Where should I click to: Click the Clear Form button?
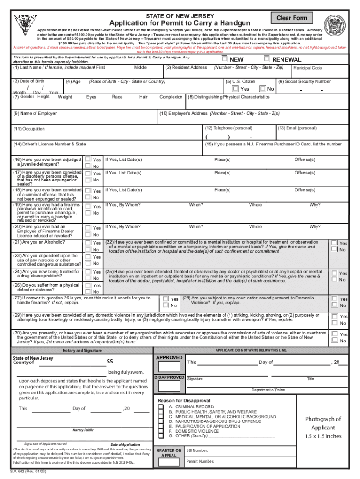coord(291,18)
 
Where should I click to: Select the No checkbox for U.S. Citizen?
coord(263,89)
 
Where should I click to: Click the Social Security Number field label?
coord(304,81)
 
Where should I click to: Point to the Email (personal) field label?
coord(297,128)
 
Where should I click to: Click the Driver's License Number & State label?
coord(50,144)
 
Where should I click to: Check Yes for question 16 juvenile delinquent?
coord(87,159)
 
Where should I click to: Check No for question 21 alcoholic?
coord(87,249)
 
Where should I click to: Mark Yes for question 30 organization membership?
coord(334,334)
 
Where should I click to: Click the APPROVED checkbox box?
coord(168,366)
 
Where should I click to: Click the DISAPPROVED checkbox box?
coord(168,386)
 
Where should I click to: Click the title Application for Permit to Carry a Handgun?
coord(180,23)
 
